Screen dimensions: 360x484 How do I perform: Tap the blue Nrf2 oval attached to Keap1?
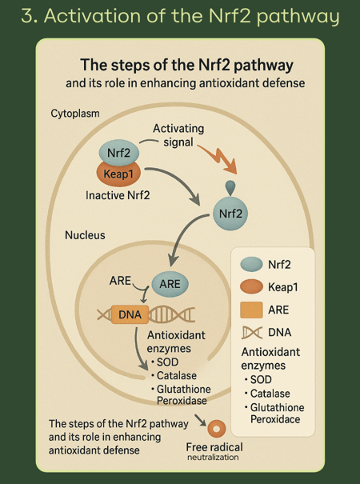point(119,152)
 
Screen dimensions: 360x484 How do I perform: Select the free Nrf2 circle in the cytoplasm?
point(230,214)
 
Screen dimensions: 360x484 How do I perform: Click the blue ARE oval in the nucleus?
point(170,284)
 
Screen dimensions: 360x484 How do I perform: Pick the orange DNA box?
point(130,314)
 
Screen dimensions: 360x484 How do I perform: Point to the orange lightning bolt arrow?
point(218,160)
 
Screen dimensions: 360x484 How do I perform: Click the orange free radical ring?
point(217,429)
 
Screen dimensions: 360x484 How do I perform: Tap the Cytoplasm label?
point(75,114)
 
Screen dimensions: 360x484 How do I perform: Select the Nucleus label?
point(85,235)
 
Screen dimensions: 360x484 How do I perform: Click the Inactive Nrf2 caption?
point(118,195)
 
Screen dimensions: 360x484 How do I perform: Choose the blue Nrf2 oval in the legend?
point(251,264)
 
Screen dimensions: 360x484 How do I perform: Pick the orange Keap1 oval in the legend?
point(251,286)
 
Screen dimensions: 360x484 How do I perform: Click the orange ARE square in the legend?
point(251,310)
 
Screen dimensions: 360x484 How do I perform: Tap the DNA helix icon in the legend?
point(252,333)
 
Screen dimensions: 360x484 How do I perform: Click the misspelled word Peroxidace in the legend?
point(275,419)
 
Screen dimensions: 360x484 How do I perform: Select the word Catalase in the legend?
point(270,394)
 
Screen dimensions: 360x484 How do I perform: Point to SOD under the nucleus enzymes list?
point(167,362)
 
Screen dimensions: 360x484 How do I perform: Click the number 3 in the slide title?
point(27,15)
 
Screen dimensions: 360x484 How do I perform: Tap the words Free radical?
point(214,447)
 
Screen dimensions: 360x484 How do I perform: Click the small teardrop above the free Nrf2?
point(230,187)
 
